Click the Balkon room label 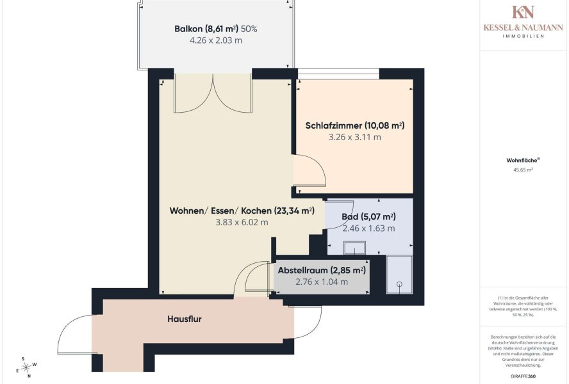[x=206, y=29]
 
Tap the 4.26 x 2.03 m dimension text [x=216, y=40]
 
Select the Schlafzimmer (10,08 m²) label [x=355, y=125]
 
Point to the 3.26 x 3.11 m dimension [x=355, y=137]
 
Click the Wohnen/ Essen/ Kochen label [x=242, y=211]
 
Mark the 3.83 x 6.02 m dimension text [x=242, y=222]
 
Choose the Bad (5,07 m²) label [x=368, y=217]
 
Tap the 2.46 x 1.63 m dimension [x=368, y=228]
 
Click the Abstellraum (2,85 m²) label [x=322, y=270]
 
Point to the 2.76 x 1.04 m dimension [x=322, y=282]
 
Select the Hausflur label [x=185, y=319]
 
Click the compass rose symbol [x=26, y=368]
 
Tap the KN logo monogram [x=523, y=12]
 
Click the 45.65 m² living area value [x=523, y=170]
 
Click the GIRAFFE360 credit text [x=523, y=376]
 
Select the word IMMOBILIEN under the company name [x=523, y=36]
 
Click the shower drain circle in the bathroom [x=400, y=284]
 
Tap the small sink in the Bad [x=354, y=248]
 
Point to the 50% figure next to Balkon [x=249, y=29]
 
